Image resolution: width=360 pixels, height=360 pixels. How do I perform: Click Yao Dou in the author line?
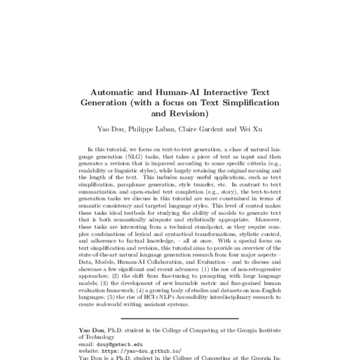tap(109, 128)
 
